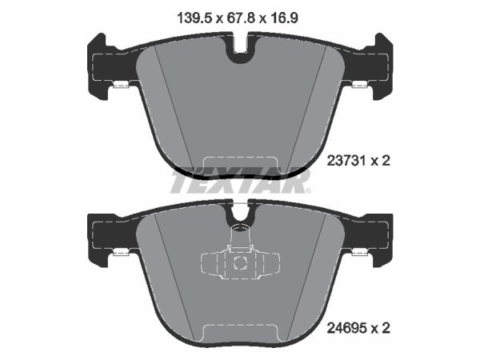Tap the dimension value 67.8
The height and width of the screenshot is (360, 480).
[x=241, y=18]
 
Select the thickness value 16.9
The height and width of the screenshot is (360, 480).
[x=284, y=18]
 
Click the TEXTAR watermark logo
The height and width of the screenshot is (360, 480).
[x=241, y=182]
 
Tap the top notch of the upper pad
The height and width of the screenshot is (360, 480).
[x=240, y=50]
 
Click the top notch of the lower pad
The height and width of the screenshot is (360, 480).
[x=240, y=213]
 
